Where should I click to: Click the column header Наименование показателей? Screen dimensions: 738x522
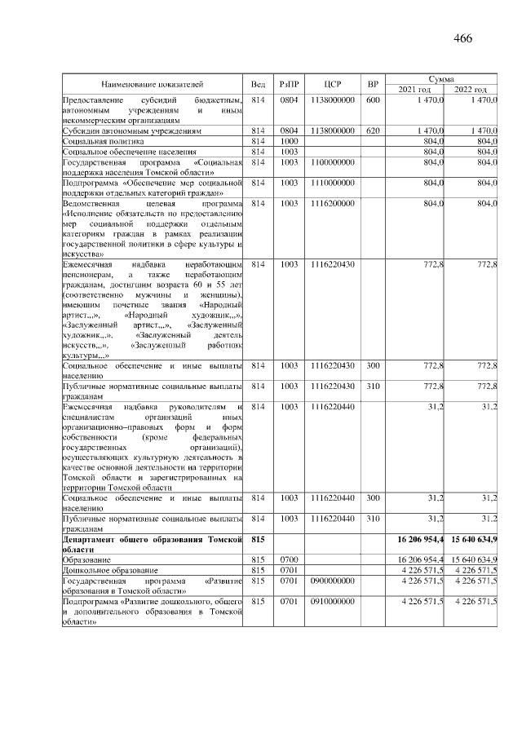152,84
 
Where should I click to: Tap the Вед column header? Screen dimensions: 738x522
259,84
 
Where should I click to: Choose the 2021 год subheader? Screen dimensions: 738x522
415,89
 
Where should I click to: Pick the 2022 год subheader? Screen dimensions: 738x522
470,89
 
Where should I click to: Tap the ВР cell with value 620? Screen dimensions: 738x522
373,130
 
